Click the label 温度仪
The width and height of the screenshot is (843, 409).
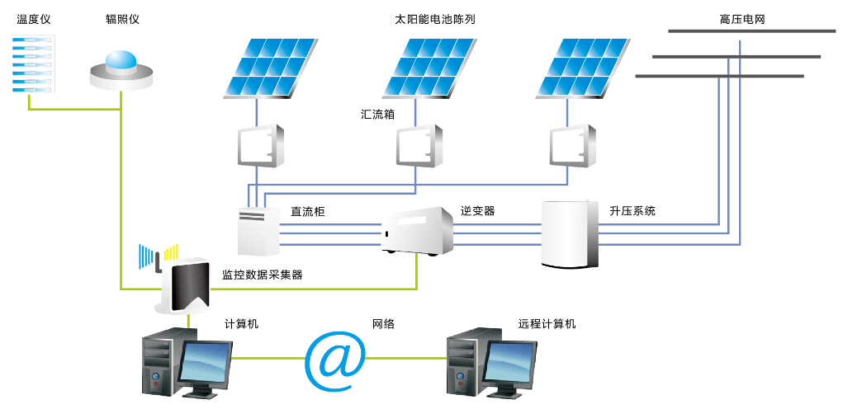[34, 20]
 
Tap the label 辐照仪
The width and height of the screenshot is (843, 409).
[122, 20]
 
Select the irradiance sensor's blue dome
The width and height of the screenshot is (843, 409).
[122, 60]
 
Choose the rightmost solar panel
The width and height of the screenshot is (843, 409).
[575, 68]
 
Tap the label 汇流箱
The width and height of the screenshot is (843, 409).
[377, 115]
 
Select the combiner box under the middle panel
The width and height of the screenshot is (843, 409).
[419, 146]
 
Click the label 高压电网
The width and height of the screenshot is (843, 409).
[742, 20]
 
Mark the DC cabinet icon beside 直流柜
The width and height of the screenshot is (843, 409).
[258, 231]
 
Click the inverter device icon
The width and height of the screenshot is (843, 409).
[418, 231]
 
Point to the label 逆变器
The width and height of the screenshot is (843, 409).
[477, 211]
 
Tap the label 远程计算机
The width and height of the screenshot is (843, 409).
[547, 324]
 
